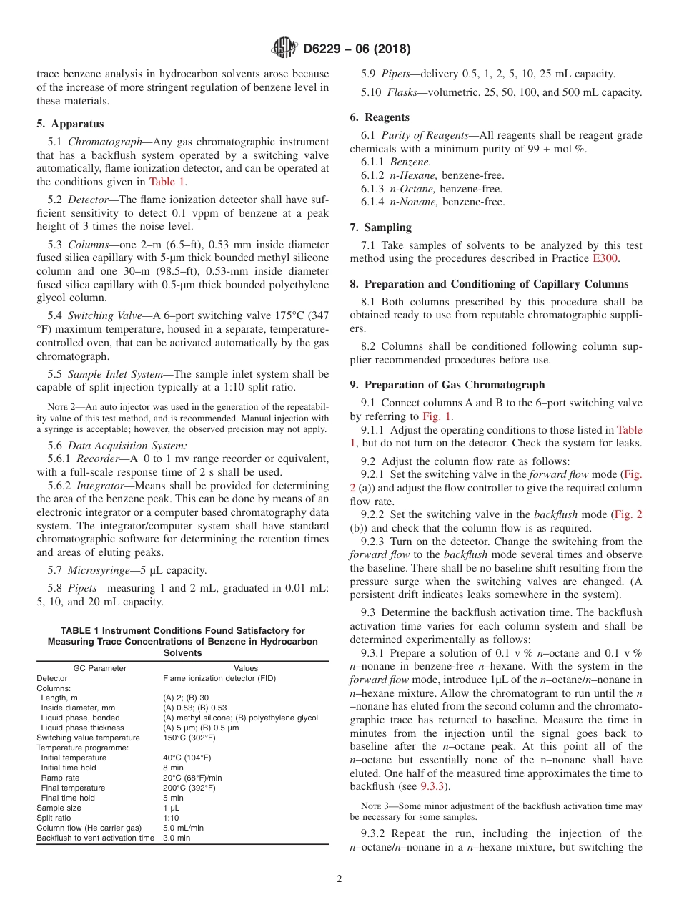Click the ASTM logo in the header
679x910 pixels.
point(285,49)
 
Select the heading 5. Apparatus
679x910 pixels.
point(70,124)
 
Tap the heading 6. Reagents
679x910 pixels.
point(380,117)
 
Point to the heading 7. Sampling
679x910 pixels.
point(380,227)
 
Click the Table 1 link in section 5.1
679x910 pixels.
point(167,182)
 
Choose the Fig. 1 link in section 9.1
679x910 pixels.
point(436,416)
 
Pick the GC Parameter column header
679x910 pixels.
point(100,668)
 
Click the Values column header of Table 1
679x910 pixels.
point(246,668)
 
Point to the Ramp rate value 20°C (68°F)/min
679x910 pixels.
point(192,778)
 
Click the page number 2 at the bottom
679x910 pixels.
point(339,879)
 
